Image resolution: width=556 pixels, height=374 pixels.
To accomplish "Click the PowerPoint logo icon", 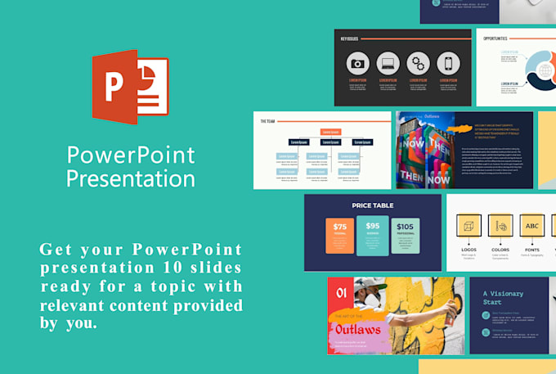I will pyautogui.click(x=130, y=88).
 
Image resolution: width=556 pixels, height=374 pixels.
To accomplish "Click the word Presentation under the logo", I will pyautogui.click(x=130, y=178).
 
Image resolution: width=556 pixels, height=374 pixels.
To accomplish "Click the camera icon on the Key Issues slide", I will pyautogui.click(x=357, y=64).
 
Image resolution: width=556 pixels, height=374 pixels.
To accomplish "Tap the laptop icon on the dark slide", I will pyautogui.click(x=388, y=64).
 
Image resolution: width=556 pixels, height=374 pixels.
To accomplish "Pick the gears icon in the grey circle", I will pyautogui.click(x=418, y=64).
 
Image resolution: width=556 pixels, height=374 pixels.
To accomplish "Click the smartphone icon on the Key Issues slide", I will pyautogui.click(x=447, y=64).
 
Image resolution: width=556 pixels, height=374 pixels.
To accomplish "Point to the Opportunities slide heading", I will pyautogui.click(x=495, y=38).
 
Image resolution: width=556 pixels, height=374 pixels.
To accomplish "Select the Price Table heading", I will pyautogui.click(x=373, y=205).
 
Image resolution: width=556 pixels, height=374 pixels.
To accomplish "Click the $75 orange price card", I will pyautogui.click(x=339, y=235).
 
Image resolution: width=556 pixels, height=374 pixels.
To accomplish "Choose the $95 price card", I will pyautogui.click(x=373, y=234).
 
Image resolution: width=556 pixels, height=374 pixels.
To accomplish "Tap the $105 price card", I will pyautogui.click(x=405, y=235).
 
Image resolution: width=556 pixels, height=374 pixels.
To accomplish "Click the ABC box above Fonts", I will pyautogui.click(x=532, y=226).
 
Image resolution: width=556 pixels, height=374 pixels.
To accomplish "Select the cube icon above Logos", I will pyautogui.click(x=469, y=226).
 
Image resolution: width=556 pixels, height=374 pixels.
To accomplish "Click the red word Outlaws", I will pyautogui.click(x=357, y=330).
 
